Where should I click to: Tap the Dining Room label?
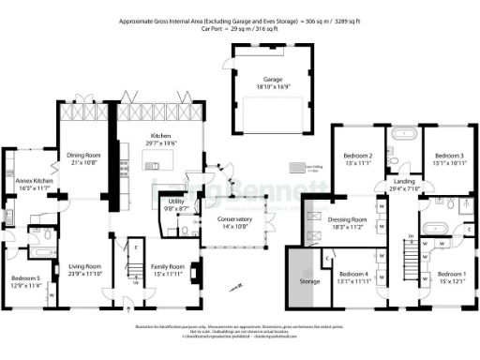(82, 155)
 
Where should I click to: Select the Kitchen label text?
(161, 137)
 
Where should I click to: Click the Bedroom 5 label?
(26, 278)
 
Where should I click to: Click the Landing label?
(404, 180)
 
